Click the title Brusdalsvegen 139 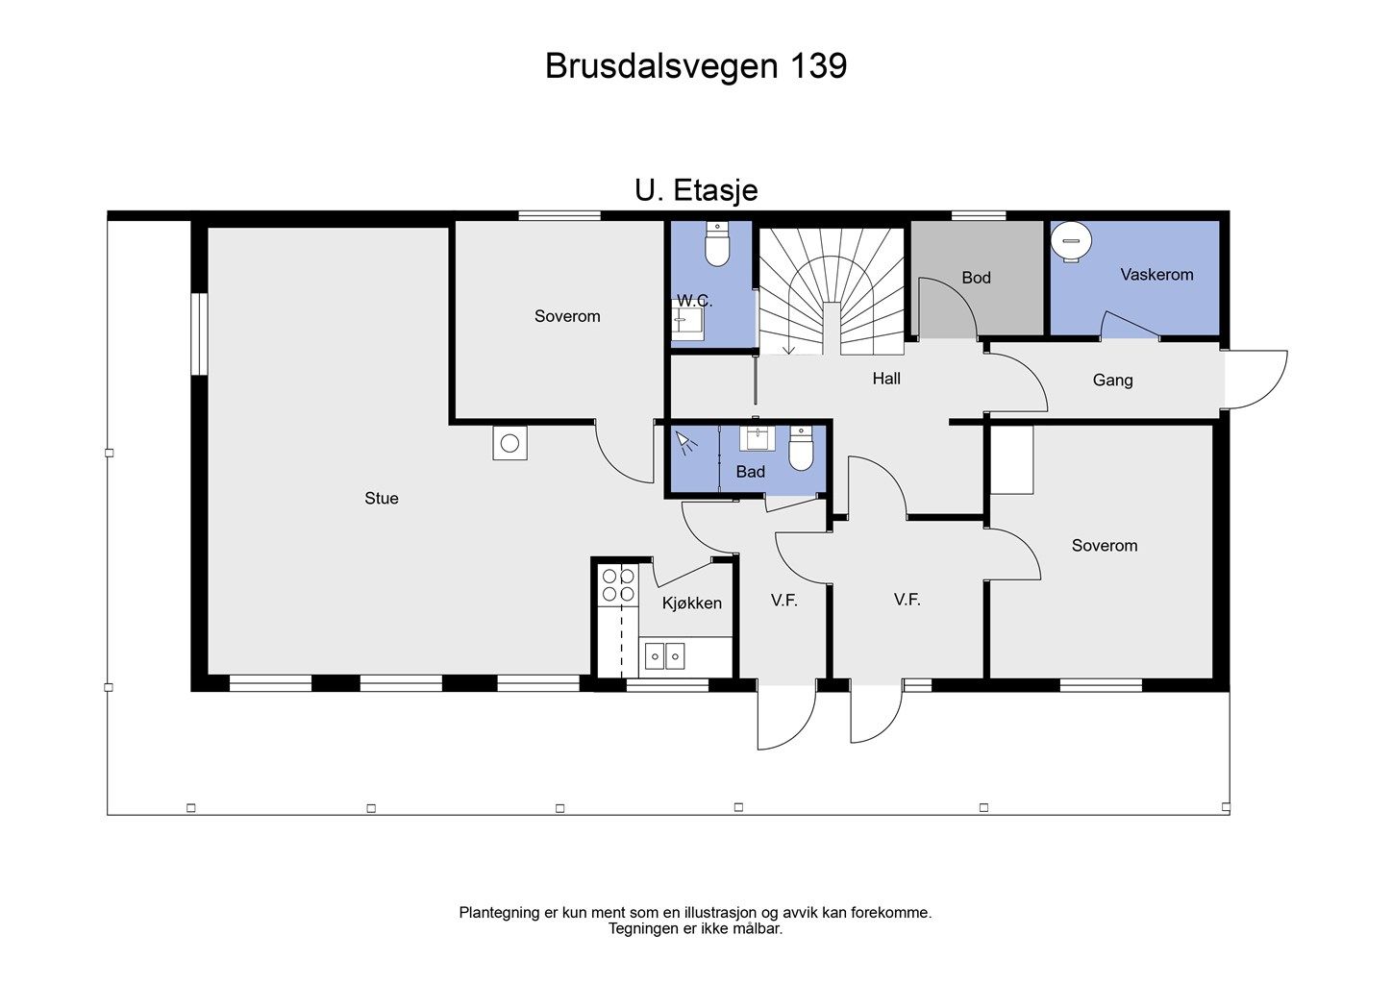[x=695, y=66]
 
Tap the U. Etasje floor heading [x=695, y=190]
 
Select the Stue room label [x=381, y=498]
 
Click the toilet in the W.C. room [x=717, y=245]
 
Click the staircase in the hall [x=832, y=288]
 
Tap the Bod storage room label [x=976, y=278]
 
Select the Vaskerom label [x=1156, y=275]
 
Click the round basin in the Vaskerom [x=1071, y=240]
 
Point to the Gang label [x=1112, y=381]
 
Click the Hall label [x=886, y=379]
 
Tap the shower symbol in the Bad [x=685, y=443]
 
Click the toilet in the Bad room [x=801, y=448]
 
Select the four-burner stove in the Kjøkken [x=617, y=584]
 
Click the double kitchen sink [x=664, y=656]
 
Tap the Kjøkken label [x=691, y=603]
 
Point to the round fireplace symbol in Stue [x=510, y=443]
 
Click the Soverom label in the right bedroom [x=1104, y=546]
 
